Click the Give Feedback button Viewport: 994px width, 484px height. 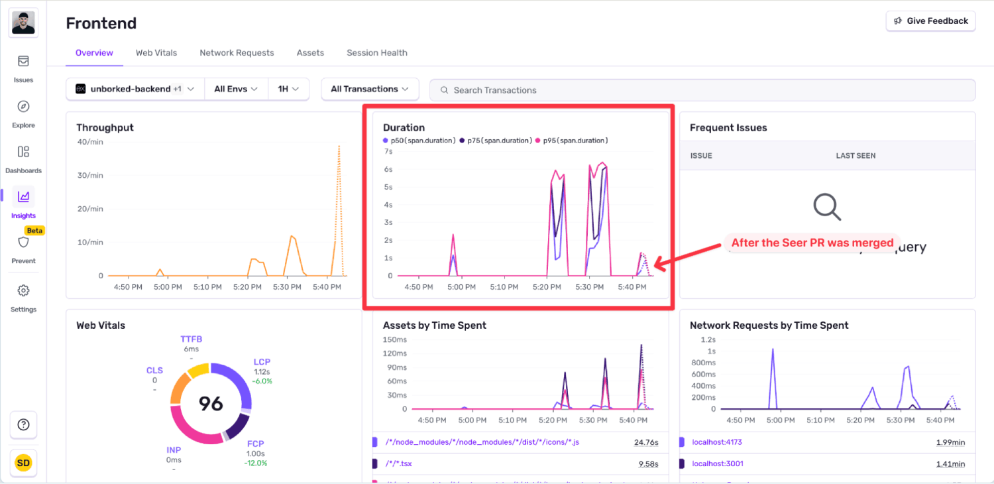click(x=930, y=21)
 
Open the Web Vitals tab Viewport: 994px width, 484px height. click(x=156, y=53)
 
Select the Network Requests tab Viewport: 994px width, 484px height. click(x=237, y=53)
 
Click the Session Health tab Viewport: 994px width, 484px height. click(x=376, y=53)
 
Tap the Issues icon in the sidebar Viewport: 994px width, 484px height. click(x=23, y=62)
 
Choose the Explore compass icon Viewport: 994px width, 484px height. click(x=23, y=107)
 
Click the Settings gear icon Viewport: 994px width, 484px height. click(x=23, y=291)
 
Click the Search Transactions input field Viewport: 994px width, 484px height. click(x=702, y=90)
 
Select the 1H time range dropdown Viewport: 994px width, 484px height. click(x=288, y=90)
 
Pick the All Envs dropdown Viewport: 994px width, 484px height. click(x=236, y=90)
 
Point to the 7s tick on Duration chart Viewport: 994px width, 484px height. click(x=388, y=152)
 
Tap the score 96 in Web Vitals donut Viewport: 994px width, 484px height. click(x=211, y=403)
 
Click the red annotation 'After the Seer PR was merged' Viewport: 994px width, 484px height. click(x=812, y=243)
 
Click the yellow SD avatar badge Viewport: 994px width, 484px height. click(x=23, y=463)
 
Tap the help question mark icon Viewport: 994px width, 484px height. click(x=23, y=425)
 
